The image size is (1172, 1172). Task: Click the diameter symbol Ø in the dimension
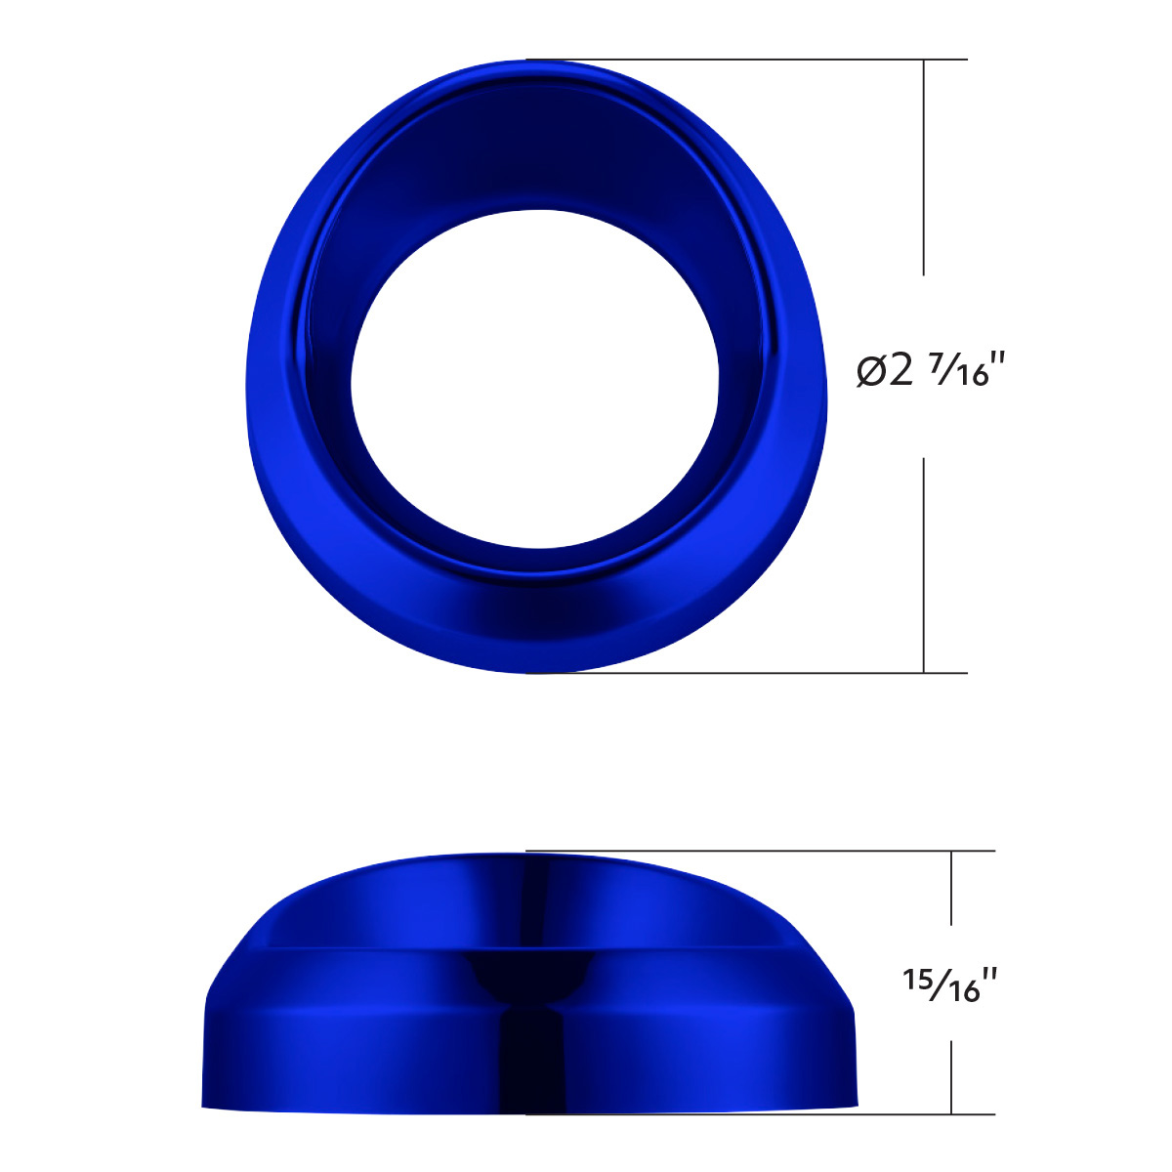(871, 370)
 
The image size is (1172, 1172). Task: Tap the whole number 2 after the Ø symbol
(901, 369)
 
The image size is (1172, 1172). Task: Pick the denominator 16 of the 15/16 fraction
(961, 990)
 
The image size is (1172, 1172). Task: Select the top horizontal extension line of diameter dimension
(742, 60)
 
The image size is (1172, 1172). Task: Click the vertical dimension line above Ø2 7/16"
(924, 166)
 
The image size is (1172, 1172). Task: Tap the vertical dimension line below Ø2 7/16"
(924, 566)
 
